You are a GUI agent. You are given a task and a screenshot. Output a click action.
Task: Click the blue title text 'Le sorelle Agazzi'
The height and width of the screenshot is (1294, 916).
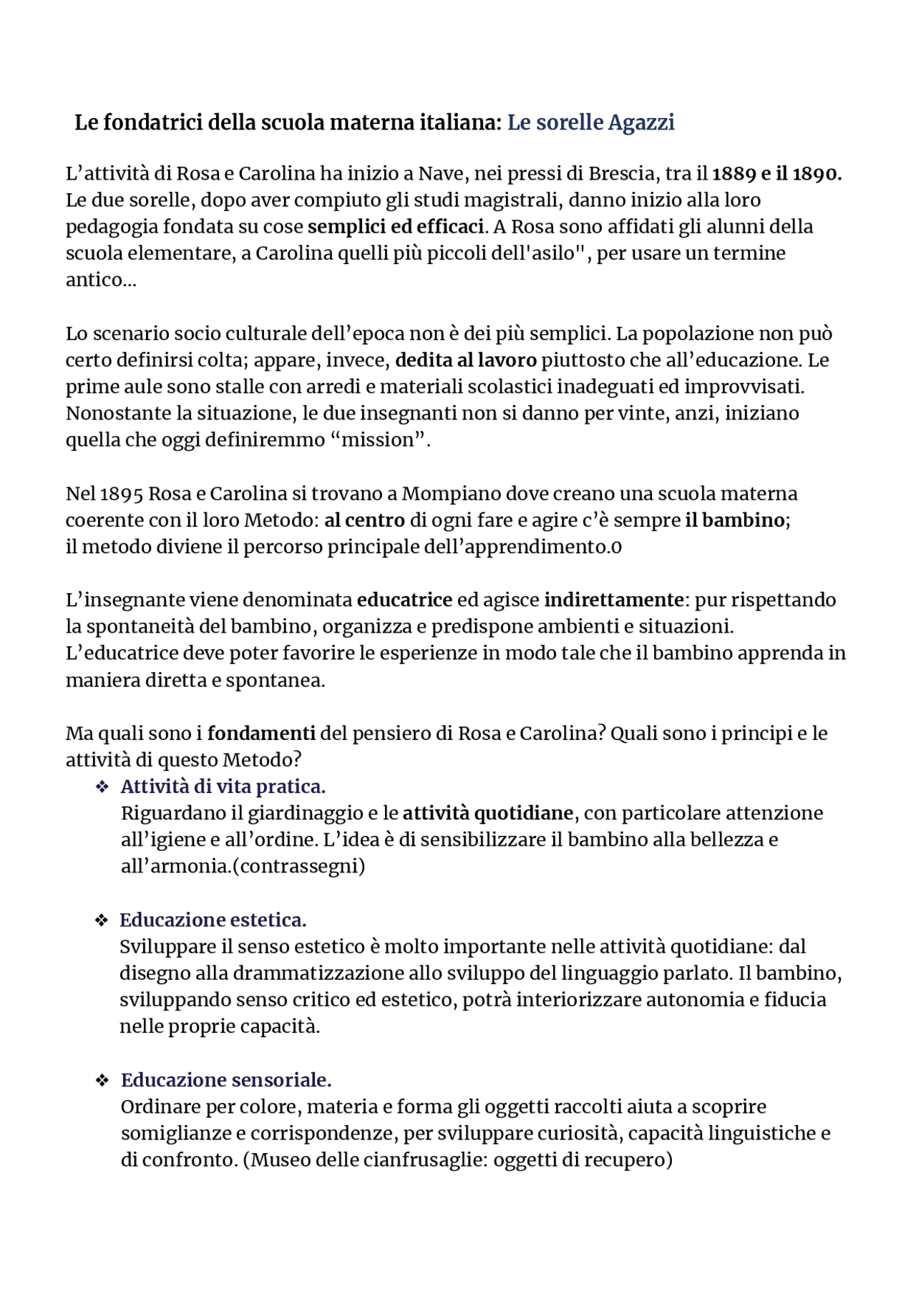590,122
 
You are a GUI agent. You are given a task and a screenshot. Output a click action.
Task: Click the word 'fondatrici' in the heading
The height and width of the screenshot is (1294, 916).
152,122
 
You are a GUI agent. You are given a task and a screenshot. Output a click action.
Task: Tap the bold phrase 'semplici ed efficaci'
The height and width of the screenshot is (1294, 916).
396,226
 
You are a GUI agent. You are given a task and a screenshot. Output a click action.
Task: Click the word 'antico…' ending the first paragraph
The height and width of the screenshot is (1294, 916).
100,279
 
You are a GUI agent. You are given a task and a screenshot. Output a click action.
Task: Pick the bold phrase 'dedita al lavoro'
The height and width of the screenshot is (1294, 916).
465,359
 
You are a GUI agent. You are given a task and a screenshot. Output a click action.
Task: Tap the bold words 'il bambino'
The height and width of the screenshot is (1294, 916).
735,520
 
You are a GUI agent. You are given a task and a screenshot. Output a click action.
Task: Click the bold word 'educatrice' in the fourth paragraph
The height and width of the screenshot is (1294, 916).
404,599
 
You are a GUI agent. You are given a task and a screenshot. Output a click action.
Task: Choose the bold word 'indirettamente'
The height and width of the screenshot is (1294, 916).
613,599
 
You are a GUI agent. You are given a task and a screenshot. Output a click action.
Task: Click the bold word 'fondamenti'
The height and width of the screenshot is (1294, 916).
261,733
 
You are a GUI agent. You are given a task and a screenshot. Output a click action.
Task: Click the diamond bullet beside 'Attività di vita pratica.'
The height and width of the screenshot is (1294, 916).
102,787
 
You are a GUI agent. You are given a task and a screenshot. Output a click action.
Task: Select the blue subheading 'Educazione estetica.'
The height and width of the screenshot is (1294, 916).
213,920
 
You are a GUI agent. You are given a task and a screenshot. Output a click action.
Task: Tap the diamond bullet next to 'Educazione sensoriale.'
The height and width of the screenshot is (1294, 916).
102,1081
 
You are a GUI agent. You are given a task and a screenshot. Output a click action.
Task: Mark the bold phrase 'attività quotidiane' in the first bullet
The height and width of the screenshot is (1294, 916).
487,813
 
